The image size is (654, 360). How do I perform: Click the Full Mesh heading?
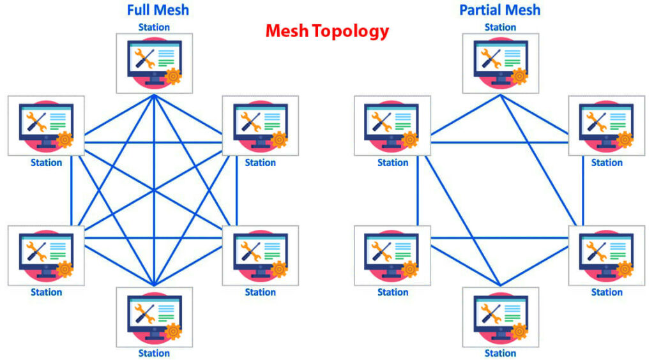coord(157,10)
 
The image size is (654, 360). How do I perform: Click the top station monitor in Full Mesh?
coord(154,61)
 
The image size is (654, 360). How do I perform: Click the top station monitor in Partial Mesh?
coord(500,61)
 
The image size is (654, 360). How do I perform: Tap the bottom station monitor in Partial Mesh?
coord(500,317)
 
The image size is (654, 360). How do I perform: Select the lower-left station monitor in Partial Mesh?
coord(392,254)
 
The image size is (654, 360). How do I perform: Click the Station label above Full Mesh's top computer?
coord(154,27)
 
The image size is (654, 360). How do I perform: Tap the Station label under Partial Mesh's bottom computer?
coord(500,353)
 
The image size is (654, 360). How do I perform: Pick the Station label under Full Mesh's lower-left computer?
coord(46,292)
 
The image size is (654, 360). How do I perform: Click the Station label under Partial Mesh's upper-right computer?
coord(606,163)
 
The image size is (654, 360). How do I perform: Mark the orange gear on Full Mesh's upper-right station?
coord(279,139)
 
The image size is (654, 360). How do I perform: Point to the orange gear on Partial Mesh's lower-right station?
coord(625,269)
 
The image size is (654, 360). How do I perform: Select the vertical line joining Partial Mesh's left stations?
coord(418,191)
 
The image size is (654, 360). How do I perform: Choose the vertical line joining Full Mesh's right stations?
coord(236,191)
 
